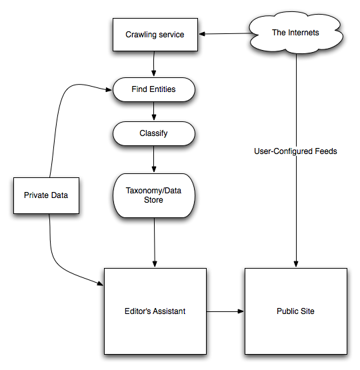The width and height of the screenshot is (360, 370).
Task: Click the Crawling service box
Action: click(x=155, y=35)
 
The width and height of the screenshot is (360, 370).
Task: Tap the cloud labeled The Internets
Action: click(x=296, y=33)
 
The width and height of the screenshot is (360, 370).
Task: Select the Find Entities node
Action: click(x=154, y=89)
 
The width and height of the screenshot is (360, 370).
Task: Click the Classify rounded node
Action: click(x=154, y=133)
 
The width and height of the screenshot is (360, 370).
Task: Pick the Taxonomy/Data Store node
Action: click(x=154, y=195)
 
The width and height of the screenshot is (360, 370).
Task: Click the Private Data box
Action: click(x=46, y=195)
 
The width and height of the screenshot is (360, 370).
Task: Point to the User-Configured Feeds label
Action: click(x=295, y=151)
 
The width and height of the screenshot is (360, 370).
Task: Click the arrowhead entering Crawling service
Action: click(x=202, y=34)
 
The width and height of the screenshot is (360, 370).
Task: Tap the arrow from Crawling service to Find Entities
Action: click(x=154, y=64)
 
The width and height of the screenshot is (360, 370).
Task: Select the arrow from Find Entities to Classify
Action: click(x=154, y=111)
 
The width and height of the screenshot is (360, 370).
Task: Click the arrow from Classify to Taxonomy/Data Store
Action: click(x=154, y=159)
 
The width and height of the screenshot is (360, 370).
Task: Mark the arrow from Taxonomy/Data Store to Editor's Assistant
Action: click(x=155, y=243)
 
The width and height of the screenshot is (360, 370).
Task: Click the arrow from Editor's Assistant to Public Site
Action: click(x=225, y=311)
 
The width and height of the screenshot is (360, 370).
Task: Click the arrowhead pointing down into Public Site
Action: click(x=296, y=264)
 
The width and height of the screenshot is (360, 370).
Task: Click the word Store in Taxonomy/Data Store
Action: click(x=153, y=200)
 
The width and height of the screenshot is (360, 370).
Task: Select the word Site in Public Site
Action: click(x=307, y=311)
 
